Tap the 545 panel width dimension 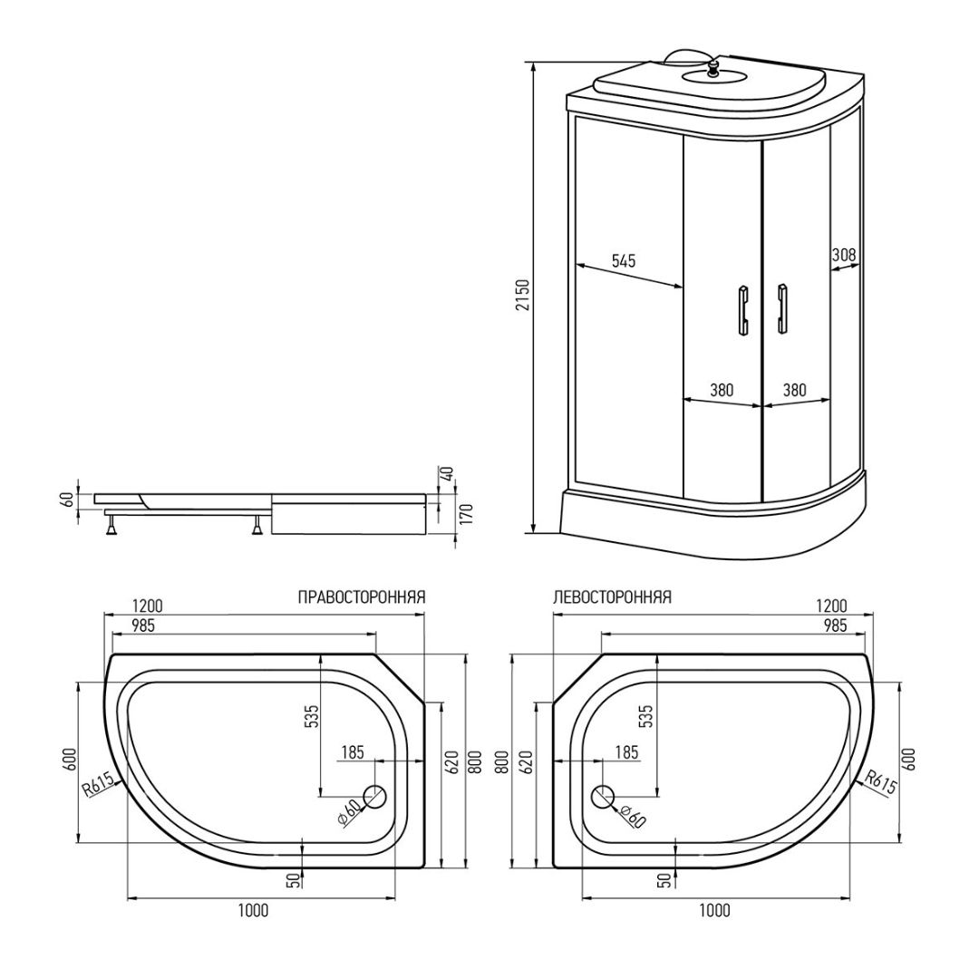pyautogui.click(x=623, y=260)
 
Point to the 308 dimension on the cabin pyautogui.click(x=844, y=255)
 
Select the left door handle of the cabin pyautogui.click(x=743, y=310)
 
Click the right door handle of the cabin pyautogui.click(x=781, y=309)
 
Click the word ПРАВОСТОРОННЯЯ pyautogui.click(x=362, y=597)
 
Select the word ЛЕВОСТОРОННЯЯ pyautogui.click(x=613, y=597)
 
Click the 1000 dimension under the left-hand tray pyautogui.click(x=254, y=911)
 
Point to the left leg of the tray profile pyautogui.click(x=112, y=528)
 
